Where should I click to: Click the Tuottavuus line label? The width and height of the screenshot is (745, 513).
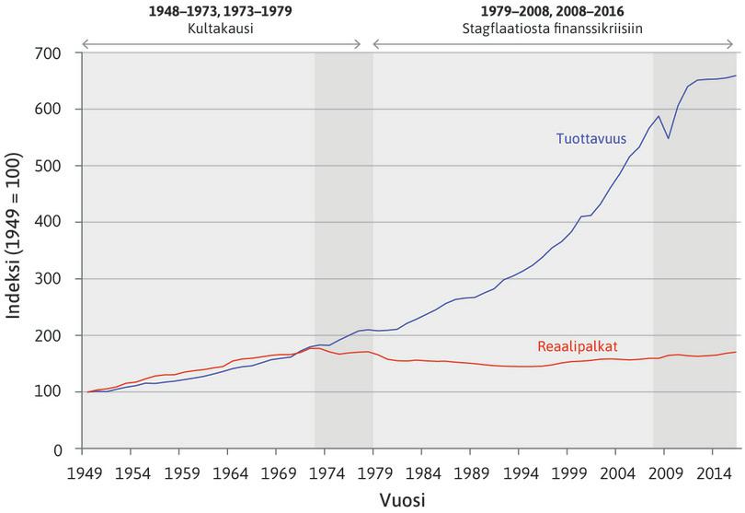[590, 140]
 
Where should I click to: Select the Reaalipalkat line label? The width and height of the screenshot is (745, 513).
[577, 346]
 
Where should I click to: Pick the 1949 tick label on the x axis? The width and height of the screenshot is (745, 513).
[83, 471]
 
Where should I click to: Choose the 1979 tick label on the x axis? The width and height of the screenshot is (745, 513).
[372, 471]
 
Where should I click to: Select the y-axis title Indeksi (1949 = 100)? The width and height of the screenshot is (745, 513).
[17, 251]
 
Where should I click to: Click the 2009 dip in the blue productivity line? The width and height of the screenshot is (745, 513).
[669, 138]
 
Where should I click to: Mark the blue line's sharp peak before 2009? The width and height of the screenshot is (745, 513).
[659, 116]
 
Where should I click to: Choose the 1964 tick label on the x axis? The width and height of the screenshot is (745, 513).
[228, 471]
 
